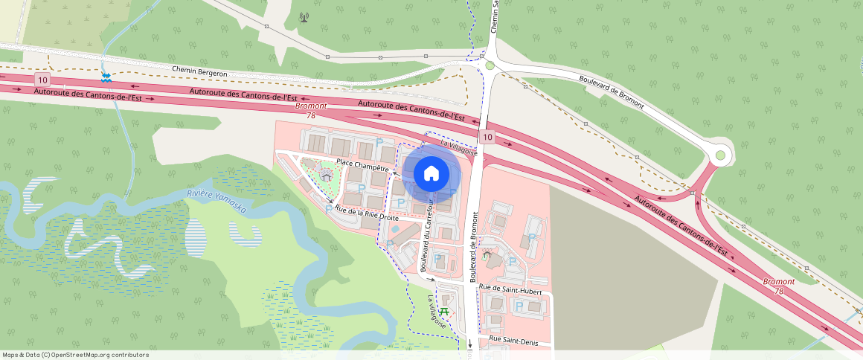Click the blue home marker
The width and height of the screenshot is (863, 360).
pos(431,174)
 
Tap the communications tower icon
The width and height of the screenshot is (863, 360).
pos(304,17)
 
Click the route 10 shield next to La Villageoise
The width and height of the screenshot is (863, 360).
pos(487,137)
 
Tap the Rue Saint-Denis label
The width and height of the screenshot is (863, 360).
pos(513,339)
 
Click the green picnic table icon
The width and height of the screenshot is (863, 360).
pos(445,311)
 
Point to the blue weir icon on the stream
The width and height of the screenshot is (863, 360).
pos(106,77)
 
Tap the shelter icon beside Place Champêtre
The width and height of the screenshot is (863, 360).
pos(325,174)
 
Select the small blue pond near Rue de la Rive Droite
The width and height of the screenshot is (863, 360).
pos(394,229)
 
